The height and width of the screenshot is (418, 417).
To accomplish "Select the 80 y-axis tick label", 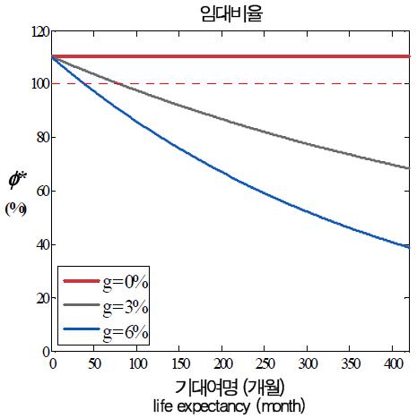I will (39, 138).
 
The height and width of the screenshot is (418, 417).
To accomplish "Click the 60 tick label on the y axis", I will (39, 192).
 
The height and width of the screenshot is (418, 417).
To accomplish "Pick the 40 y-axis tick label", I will (39, 245).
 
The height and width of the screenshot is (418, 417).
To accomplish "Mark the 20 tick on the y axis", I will (39, 298).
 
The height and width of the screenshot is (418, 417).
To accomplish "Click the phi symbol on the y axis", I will (16, 180).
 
